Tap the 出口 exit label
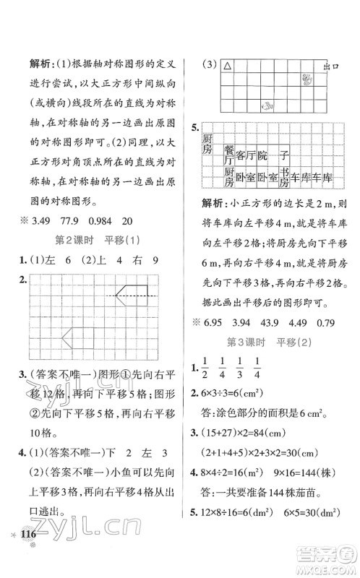332,66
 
